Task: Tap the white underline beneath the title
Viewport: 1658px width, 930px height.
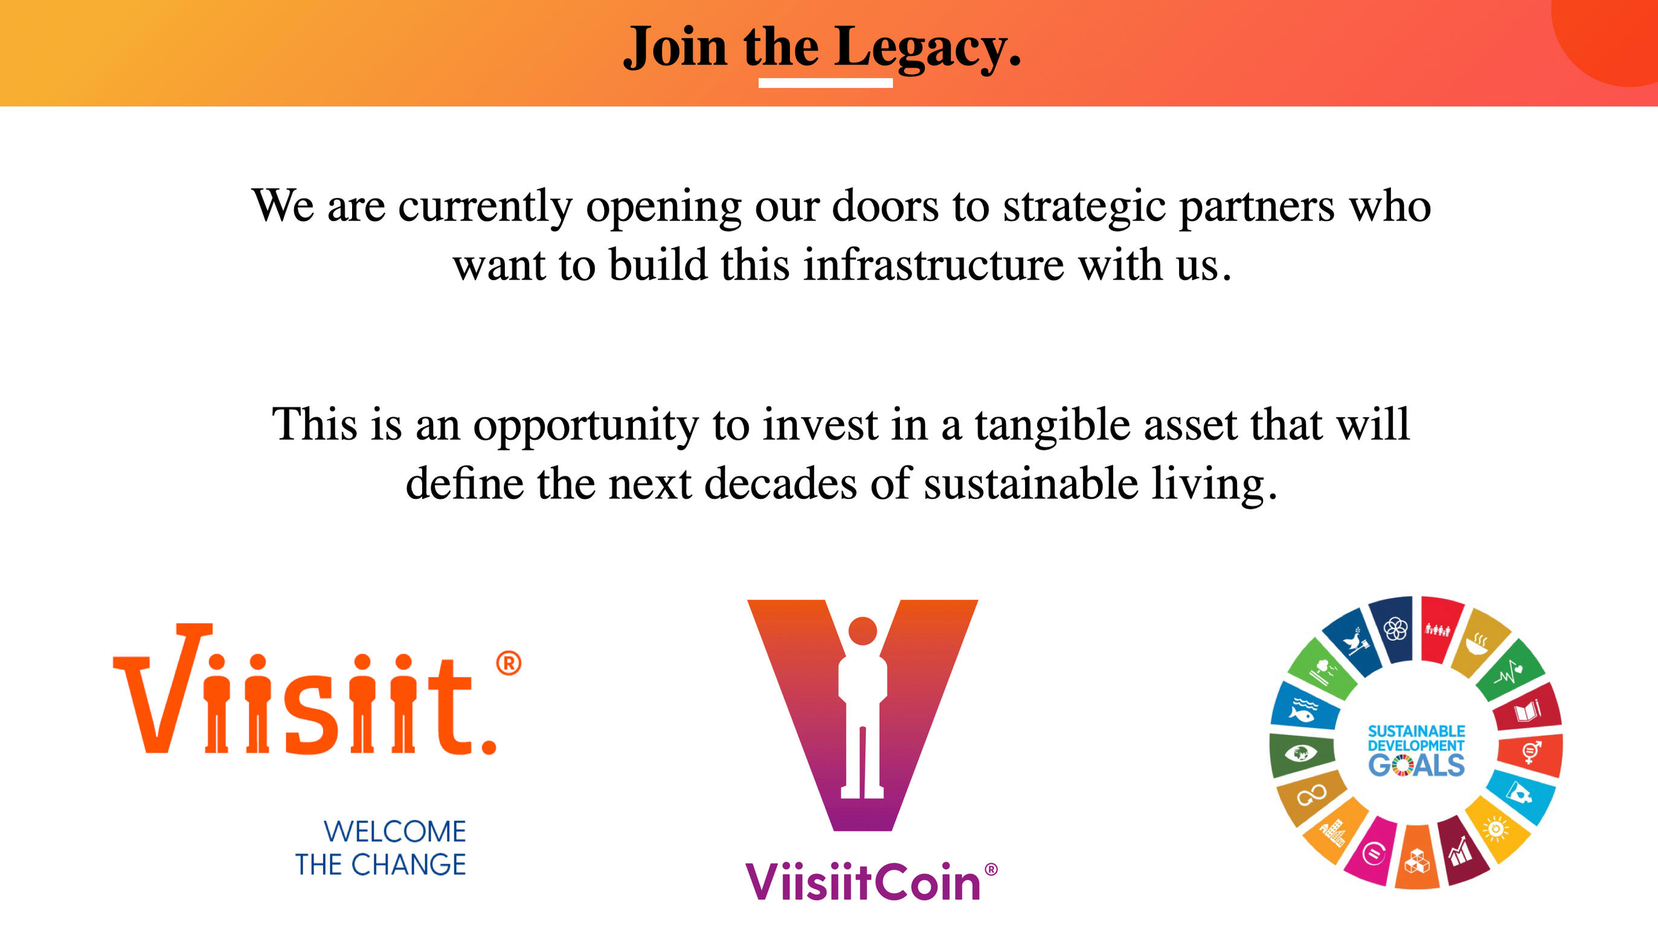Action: coord(825,82)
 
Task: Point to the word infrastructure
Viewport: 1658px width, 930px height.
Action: coord(933,265)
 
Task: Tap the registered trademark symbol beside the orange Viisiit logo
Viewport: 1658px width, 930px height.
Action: coord(509,663)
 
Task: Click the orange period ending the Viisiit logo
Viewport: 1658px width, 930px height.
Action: coord(489,747)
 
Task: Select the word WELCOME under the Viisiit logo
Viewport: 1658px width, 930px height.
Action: coord(394,832)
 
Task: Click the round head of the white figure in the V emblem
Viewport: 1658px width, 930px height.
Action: coord(863,630)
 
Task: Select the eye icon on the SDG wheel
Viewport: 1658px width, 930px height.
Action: coord(1300,752)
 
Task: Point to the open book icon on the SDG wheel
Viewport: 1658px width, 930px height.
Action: coord(1527,711)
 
